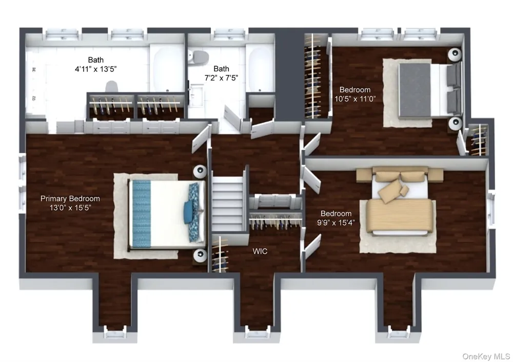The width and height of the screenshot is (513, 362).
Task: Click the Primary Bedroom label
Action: pos(70,198)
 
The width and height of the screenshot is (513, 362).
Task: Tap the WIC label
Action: pos(260,251)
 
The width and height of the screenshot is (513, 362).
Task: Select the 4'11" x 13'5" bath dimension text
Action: pos(96,69)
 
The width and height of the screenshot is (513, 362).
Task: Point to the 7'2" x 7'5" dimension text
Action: pos(221,78)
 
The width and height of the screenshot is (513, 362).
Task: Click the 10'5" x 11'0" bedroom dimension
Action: pos(355,98)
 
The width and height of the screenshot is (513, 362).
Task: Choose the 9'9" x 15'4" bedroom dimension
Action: pos(336,223)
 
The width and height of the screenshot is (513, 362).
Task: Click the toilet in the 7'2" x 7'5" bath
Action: pos(198,57)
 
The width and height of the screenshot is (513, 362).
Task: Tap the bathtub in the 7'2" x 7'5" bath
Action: pos(260,69)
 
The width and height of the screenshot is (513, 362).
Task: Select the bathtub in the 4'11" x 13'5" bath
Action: pos(167,69)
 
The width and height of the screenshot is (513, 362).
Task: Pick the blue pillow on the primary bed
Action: pos(189,212)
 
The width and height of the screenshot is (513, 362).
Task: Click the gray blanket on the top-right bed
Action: pos(415,90)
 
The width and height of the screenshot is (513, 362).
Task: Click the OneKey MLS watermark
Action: pos(486,356)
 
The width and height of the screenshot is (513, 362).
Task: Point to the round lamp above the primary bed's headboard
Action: pos(200,171)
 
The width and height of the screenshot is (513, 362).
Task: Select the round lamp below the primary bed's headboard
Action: pos(200,255)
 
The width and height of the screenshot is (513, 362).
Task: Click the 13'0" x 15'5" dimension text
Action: pos(70,208)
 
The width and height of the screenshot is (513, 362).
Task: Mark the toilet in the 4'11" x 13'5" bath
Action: pos(111,87)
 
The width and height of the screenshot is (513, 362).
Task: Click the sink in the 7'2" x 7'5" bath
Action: pos(197,95)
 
